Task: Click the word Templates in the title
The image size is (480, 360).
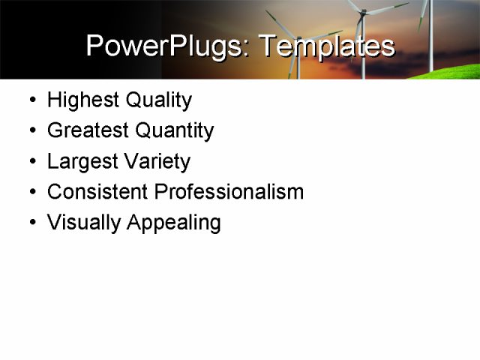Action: click(x=326, y=46)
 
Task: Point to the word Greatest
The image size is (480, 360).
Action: click(x=87, y=130)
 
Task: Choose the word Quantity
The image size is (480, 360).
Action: click(x=174, y=130)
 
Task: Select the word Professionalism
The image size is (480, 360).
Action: click(x=229, y=192)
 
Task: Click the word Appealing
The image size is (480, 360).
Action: click(x=173, y=223)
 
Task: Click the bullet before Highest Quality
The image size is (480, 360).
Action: click(x=30, y=100)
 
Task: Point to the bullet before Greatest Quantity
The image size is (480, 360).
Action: click(x=30, y=131)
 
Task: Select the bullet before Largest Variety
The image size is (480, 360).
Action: click(x=30, y=162)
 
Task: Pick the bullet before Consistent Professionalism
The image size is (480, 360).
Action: click(x=30, y=193)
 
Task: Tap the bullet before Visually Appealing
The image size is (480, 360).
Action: click(x=30, y=223)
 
